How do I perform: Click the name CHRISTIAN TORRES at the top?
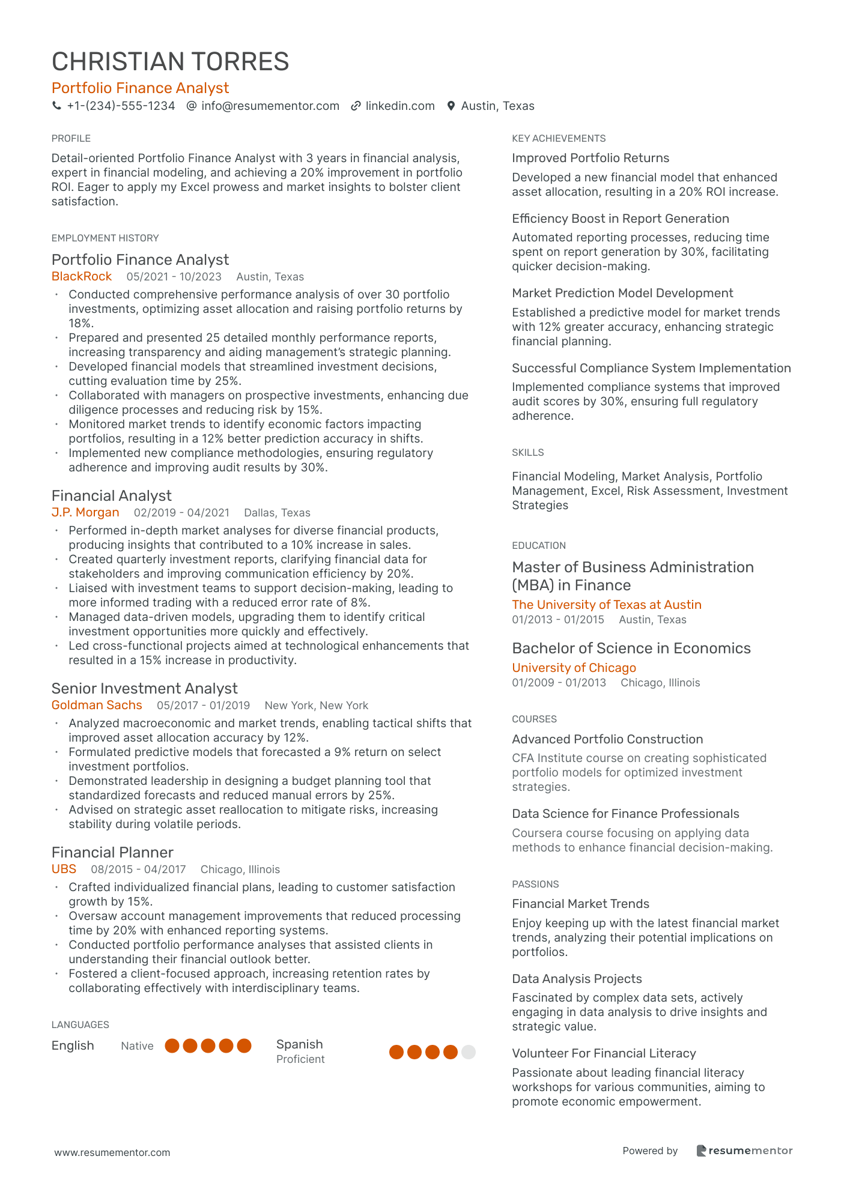[x=170, y=62]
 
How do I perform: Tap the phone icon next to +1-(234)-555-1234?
[x=57, y=106]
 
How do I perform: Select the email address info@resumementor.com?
[x=270, y=106]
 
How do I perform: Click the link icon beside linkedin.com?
[x=356, y=106]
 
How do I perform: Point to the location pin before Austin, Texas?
[x=451, y=106]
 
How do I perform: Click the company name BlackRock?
[x=82, y=276]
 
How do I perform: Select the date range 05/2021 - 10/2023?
[x=174, y=277]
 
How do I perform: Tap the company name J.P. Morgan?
[x=85, y=512]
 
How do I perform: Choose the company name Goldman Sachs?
[x=97, y=705]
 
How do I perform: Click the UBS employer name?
[x=64, y=869]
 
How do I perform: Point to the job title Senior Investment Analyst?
[x=144, y=688]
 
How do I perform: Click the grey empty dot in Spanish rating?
[x=469, y=1052]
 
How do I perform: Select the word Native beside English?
[x=137, y=1046]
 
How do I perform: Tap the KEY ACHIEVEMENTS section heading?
[x=559, y=139]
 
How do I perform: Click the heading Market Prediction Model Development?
[x=622, y=293]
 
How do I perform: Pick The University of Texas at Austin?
[x=607, y=605]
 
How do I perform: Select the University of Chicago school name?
[x=574, y=668]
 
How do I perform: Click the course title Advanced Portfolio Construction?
[x=607, y=739]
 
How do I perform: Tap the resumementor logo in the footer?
[x=744, y=1151]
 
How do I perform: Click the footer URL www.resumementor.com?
[x=112, y=1152]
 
